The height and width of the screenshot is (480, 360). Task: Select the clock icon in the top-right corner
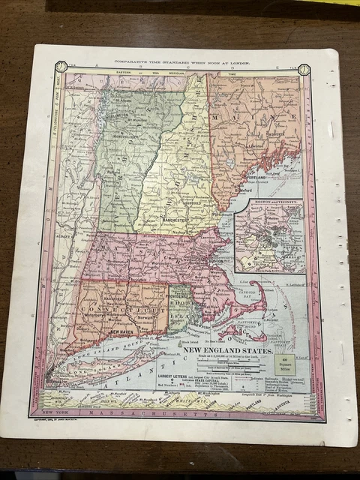click(304, 69)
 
